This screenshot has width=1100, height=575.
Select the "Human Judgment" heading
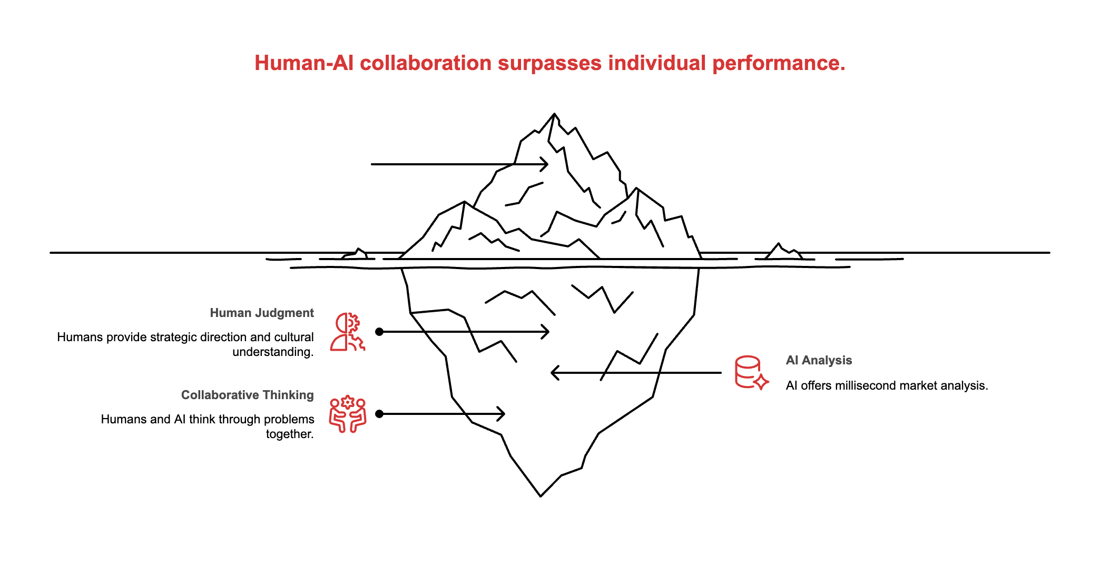262,313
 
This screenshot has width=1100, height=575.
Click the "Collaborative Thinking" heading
248,395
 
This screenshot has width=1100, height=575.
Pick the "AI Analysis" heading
819,360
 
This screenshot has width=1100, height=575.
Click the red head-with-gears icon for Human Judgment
348,332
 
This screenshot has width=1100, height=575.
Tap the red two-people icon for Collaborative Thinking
348,414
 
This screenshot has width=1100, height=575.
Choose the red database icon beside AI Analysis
751,373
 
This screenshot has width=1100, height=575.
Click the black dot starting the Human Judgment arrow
379,332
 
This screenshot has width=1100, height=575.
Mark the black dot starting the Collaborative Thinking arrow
379,414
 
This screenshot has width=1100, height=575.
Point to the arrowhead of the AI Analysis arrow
553,373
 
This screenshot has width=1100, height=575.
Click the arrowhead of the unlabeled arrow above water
546,164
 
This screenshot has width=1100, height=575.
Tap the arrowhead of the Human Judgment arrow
547,332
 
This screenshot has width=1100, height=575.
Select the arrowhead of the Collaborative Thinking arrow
503,414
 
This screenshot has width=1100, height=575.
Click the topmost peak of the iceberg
554,114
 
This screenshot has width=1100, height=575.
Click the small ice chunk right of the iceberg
783,252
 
